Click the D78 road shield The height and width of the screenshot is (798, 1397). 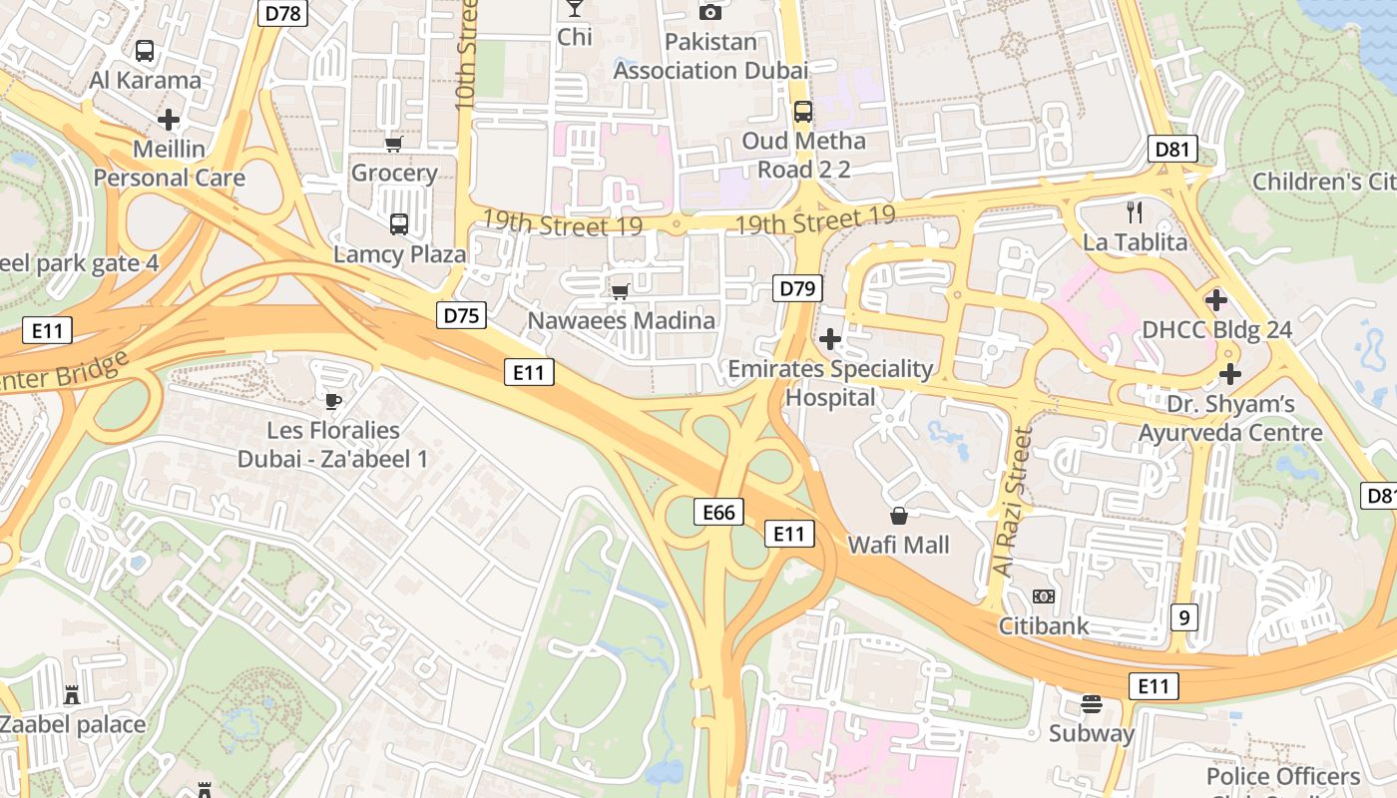click(283, 13)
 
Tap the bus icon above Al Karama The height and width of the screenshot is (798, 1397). click(145, 50)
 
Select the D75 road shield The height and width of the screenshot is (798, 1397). click(462, 316)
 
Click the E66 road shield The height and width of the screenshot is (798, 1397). click(718, 513)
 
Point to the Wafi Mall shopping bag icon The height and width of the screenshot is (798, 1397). click(899, 516)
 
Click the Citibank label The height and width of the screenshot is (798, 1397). click(1044, 626)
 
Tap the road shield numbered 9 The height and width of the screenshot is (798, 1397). click(1183, 617)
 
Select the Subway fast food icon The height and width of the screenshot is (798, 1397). click(1091, 704)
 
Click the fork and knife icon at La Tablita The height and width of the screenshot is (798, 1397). click(1134, 211)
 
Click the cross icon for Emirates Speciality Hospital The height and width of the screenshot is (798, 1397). click(830, 339)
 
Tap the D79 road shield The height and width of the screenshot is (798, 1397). click(797, 289)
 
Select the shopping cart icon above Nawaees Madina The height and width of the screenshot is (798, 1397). click(621, 291)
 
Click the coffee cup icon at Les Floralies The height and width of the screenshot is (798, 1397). click(333, 401)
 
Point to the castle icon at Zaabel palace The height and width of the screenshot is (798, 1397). click(72, 694)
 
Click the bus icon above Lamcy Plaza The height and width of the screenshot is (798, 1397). click(399, 224)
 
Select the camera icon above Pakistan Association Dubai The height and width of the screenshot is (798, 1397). click(710, 12)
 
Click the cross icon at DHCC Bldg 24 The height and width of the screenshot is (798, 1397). click(1216, 299)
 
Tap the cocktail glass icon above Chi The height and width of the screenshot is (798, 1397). click(575, 8)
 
